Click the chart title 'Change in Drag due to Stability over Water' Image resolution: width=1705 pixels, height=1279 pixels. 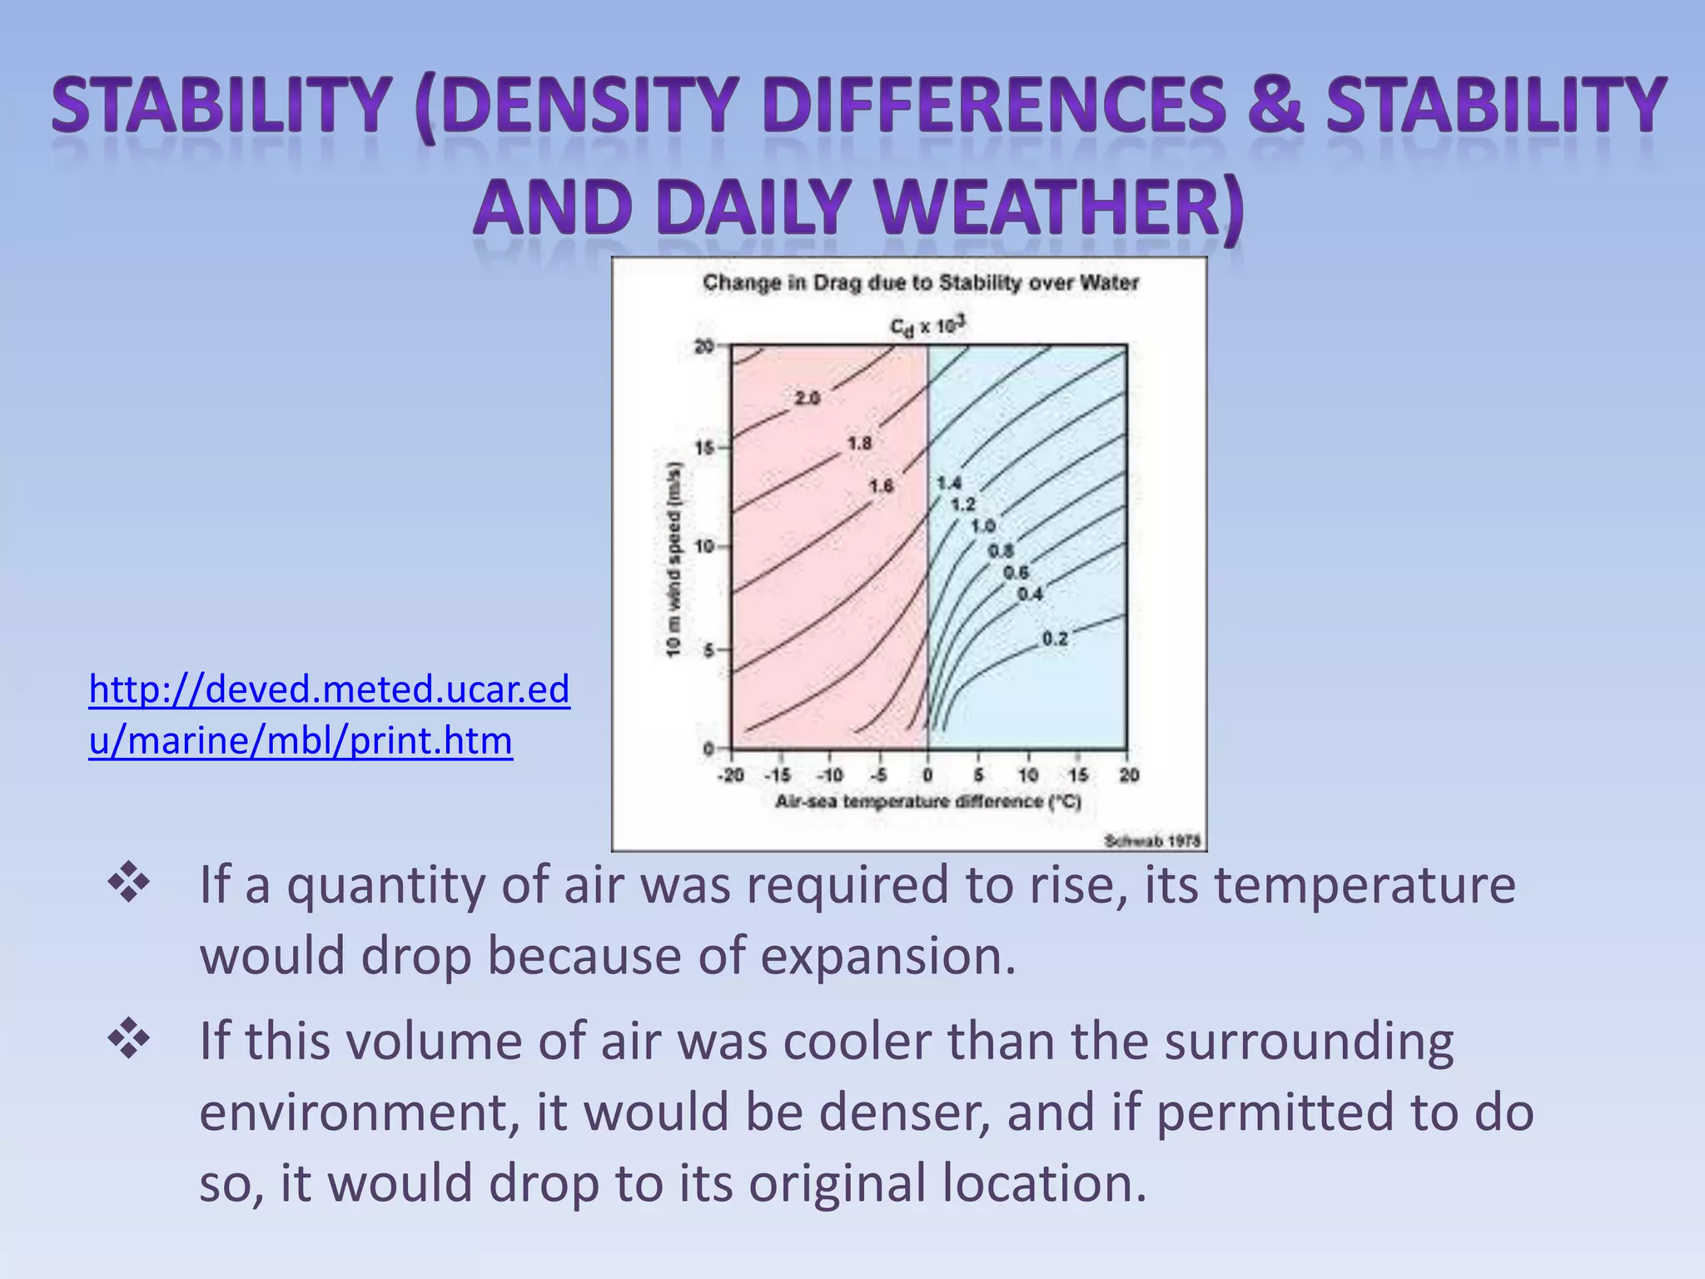tap(920, 283)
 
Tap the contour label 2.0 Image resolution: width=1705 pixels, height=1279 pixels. tap(807, 399)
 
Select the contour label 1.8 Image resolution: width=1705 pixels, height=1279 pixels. tap(859, 444)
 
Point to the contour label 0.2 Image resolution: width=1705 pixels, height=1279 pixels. tap(1054, 639)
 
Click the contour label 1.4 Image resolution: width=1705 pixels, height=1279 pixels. tap(948, 483)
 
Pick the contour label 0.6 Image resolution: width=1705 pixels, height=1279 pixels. tap(1015, 573)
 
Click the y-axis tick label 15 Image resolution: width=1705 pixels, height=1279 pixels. tap(704, 448)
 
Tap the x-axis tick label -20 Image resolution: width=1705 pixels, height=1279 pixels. tap(730, 775)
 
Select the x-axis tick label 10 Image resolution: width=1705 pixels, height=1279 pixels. tap(1028, 775)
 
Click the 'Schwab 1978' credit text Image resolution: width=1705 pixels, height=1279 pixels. tap(1152, 841)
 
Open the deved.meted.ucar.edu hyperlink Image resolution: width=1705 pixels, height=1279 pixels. tap(329, 714)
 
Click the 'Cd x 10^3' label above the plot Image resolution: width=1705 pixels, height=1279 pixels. tap(927, 326)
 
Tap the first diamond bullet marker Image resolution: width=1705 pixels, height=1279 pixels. tap(129, 883)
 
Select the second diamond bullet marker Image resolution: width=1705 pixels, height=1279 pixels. tap(129, 1040)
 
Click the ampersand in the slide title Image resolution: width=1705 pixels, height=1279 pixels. tap(1273, 106)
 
